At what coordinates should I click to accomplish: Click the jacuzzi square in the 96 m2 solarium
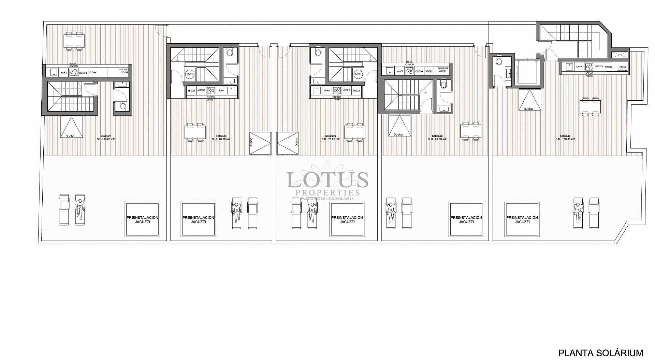[142, 219]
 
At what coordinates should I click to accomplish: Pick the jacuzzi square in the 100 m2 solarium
[522, 219]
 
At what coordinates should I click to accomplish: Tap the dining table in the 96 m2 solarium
[74, 41]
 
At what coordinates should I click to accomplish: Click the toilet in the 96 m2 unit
[122, 107]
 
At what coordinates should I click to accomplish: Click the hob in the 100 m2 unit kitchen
[589, 67]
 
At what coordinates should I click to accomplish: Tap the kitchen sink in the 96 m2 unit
[54, 72]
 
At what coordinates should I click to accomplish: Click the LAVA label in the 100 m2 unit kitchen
[579, 67]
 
